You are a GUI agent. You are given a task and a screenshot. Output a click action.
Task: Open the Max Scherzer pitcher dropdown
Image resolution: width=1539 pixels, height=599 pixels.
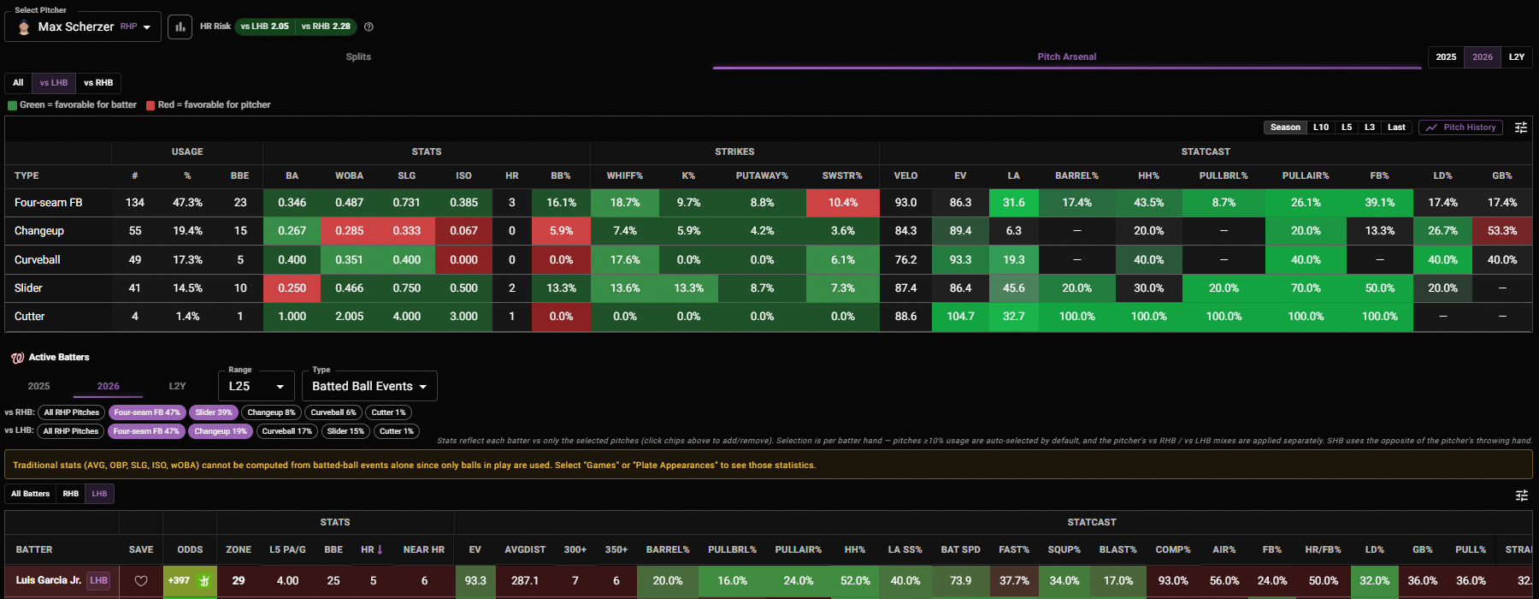coord(83,27)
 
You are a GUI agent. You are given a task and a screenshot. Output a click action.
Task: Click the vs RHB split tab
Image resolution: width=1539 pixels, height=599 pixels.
coord(98,83)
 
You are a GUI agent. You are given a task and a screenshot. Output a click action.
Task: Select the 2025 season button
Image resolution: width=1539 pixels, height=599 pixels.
coord(1446,57)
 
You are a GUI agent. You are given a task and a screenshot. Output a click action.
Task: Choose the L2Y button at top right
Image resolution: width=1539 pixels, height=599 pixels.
coord(1517,57)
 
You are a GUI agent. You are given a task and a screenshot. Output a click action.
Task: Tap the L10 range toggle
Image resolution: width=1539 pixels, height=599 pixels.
coord(1321,128)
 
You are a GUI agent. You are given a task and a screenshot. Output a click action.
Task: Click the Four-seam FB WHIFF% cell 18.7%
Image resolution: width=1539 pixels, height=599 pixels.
coord(625,203)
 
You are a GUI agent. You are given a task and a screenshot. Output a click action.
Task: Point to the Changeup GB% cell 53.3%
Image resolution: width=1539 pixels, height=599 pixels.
coord(1502,231)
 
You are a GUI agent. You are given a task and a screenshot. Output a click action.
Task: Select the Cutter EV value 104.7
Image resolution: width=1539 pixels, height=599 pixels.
coord(960,317)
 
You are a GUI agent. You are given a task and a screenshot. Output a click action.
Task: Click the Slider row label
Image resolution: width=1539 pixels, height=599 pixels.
coord(28,288)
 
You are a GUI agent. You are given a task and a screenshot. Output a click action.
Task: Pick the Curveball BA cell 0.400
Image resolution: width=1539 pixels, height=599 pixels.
coord(292,260)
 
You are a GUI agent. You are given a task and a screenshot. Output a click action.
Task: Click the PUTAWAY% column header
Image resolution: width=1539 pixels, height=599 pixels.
coord(762,175)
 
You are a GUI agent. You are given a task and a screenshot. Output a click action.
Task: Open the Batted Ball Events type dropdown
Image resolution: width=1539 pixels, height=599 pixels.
coord(369,386)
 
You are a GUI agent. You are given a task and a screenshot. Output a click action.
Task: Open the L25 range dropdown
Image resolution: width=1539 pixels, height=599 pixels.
coord(256,386)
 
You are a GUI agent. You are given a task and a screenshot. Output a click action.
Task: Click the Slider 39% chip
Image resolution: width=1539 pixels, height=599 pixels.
coord(214,412)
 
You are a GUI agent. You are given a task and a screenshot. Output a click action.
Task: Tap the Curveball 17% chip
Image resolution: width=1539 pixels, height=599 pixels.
coord(286,431)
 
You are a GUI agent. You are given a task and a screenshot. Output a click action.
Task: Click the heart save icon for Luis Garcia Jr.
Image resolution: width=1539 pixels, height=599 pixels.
coord(141,581)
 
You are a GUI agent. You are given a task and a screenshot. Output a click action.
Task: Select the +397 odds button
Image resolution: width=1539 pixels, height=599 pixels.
coord(190,581)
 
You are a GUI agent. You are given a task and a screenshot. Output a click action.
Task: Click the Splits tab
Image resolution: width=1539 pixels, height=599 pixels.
coord(358,56)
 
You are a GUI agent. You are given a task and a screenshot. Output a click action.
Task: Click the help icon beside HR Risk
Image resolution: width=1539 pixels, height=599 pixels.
coord(369,27)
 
